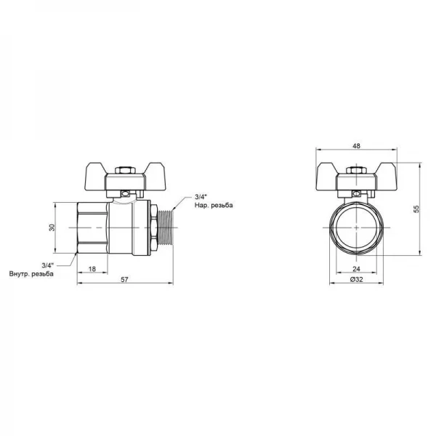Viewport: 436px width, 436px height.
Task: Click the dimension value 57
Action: pos(124,280)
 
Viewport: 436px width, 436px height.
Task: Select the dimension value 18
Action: pos(92,269)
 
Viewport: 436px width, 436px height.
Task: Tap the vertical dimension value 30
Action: pos(52,227)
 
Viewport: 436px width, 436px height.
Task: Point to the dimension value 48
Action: pos(356,146)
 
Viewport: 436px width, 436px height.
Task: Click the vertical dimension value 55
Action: pos(416,209)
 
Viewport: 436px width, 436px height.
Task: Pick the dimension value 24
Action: pos(356,269)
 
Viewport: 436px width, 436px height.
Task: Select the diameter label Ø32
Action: pos(356,280)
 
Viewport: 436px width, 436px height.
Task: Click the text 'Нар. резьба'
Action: pos(214,206)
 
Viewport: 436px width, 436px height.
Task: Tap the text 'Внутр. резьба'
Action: pos(31,274)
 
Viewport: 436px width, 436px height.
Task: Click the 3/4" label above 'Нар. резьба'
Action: pos(201,197)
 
